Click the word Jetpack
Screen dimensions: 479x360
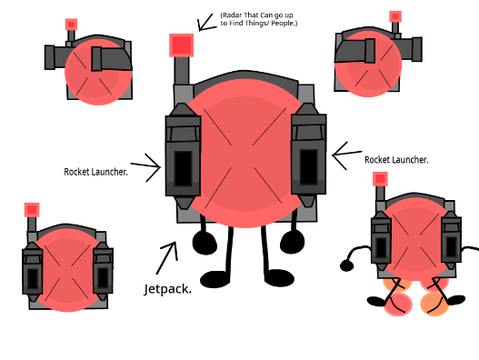pyautogui.click(x=168, y=289)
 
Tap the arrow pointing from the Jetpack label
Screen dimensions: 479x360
pyautogui.click(x=167, y=258)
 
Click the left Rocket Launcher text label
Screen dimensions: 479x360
pyautogui.click(x=96, y=172)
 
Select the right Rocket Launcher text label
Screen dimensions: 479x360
pyautogui.click(x=396, y=160)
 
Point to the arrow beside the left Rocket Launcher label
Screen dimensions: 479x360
pyautogui.click(x=146, y=166)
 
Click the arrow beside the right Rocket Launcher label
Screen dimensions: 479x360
pyautogui.click(x=347, y=155)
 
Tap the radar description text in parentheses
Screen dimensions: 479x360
pyautogui.click(x=259, y=19)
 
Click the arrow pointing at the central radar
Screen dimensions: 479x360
pyautogui.click(x=205, y=23)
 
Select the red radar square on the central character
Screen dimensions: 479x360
pyautogui.click(x=181, y=45)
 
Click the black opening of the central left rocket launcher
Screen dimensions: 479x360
pyautogui.click(x=183, y=168)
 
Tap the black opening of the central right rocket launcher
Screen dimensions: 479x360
pyautogui.click(x=309, y=167)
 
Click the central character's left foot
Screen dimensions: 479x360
pyautogui.click(x=215, y=279)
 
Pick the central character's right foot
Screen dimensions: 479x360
pyautogui.click(x=279, y=278)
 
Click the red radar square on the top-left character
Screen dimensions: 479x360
pyautogui.click(x=71, y=24)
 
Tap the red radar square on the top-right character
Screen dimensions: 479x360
pyautogui.click(x=395, y=16)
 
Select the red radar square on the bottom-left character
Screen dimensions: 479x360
pyautogui.click(x=32, y=210)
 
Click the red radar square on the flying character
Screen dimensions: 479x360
pyautogui.click(x=380, y=179)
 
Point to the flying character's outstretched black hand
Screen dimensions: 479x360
pyautogui.click(x=347, y=266)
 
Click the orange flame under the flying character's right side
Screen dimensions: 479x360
pyautogui.click(x=435, y=304)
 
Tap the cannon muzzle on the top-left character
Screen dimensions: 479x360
pyautogui.click(x=50, y=58)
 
